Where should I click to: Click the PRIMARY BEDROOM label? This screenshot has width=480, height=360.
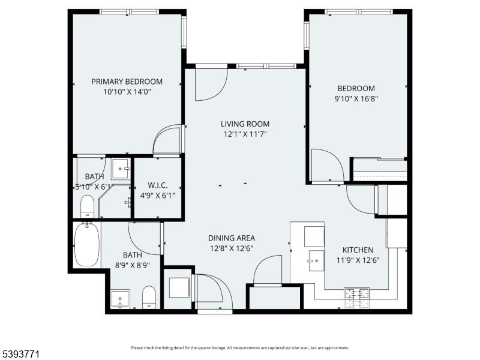click(x=127, y=82)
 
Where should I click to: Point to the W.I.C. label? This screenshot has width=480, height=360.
click(x=157, y=185)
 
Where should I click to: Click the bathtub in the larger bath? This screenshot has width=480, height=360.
click(x=86, y=245)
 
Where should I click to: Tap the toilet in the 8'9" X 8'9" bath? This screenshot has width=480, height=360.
click(x=149, y=297)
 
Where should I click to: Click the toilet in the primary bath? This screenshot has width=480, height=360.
click(x=87, y=206)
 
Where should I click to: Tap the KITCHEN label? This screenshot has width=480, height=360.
click(x=358, y=250)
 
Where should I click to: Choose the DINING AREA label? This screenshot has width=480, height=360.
click(x=231, y=238)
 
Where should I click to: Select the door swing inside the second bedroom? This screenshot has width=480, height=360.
click(x=327, y=164)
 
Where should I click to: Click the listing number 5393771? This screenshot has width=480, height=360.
click(x=22, y=355)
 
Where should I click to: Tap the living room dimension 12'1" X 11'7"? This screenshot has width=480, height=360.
click(x=244, y=134)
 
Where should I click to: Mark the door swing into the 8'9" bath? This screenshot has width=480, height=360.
click(x=144, y=236)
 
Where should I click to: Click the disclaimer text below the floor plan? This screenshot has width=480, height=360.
click(x=240, y=347)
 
